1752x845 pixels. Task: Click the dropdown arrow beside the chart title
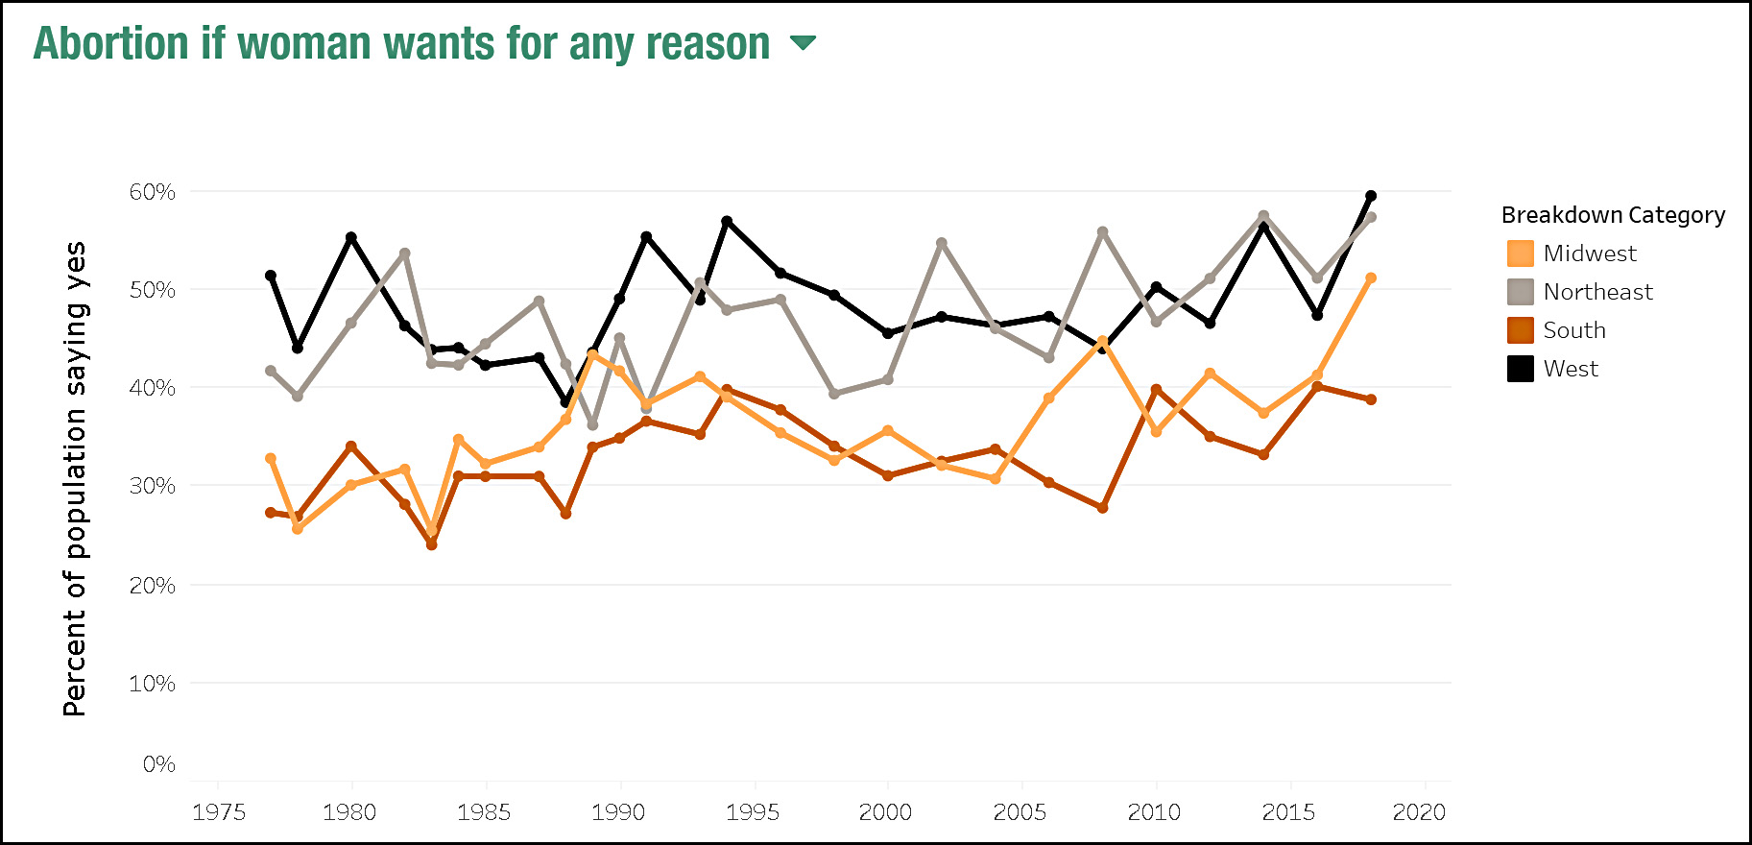pyautogui.click(x=803, y=42)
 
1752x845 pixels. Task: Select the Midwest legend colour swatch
pyautogui.click(x=1521, y=253)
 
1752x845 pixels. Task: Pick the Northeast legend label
pyautogui.click(x=1597, y=292)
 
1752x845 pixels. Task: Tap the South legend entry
pyautogui.click(x=1574, y=330)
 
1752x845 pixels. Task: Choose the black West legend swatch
pyautogui.click(x=1521, y=369)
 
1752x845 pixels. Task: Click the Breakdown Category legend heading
pyautogui.click(x=1613, y=215)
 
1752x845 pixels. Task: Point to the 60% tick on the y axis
pyautogui.click(x=153, y=192)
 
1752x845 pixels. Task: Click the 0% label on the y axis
pyautogui.click(x=159, y=764)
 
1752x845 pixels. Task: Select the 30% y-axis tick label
pyautogui.click(x=153, y=486)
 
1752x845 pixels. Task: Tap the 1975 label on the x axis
pyautogui.click(x=219, y=812)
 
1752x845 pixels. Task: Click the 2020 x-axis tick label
pyautogui.click(x=1419, y=812)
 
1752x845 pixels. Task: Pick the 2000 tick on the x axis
pyautogui.click(x=885, y=812)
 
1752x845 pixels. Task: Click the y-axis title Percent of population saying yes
pyautogui.click(x=75, y=478)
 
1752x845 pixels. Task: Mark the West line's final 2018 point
pyautogui.click(x=1371, y=196)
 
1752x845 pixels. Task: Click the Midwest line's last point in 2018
pyautogui.click(x=1371, y=278)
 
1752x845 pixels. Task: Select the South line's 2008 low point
pyautogui.click(x=1102, y=507)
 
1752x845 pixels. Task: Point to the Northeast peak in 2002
pyautogui.click(x=942, y=243)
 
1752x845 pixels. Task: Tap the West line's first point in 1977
pyautogui.click(x=271, y=276)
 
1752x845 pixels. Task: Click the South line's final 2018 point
pyautogui.click(x=1371, y=399)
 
